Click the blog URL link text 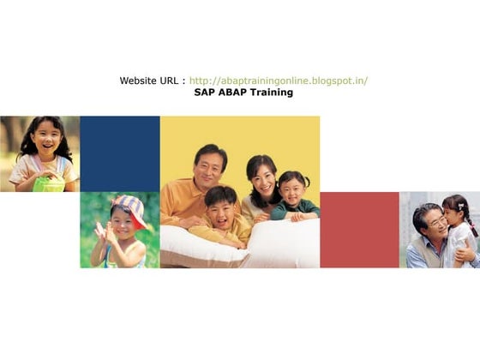click(279, 81)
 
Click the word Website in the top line click(139, 81)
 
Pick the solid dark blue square click(120, 153)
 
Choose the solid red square click(359, 229)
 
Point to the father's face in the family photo click(210, 165)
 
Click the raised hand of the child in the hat click(100, 232)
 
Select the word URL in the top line click(170, 81)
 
